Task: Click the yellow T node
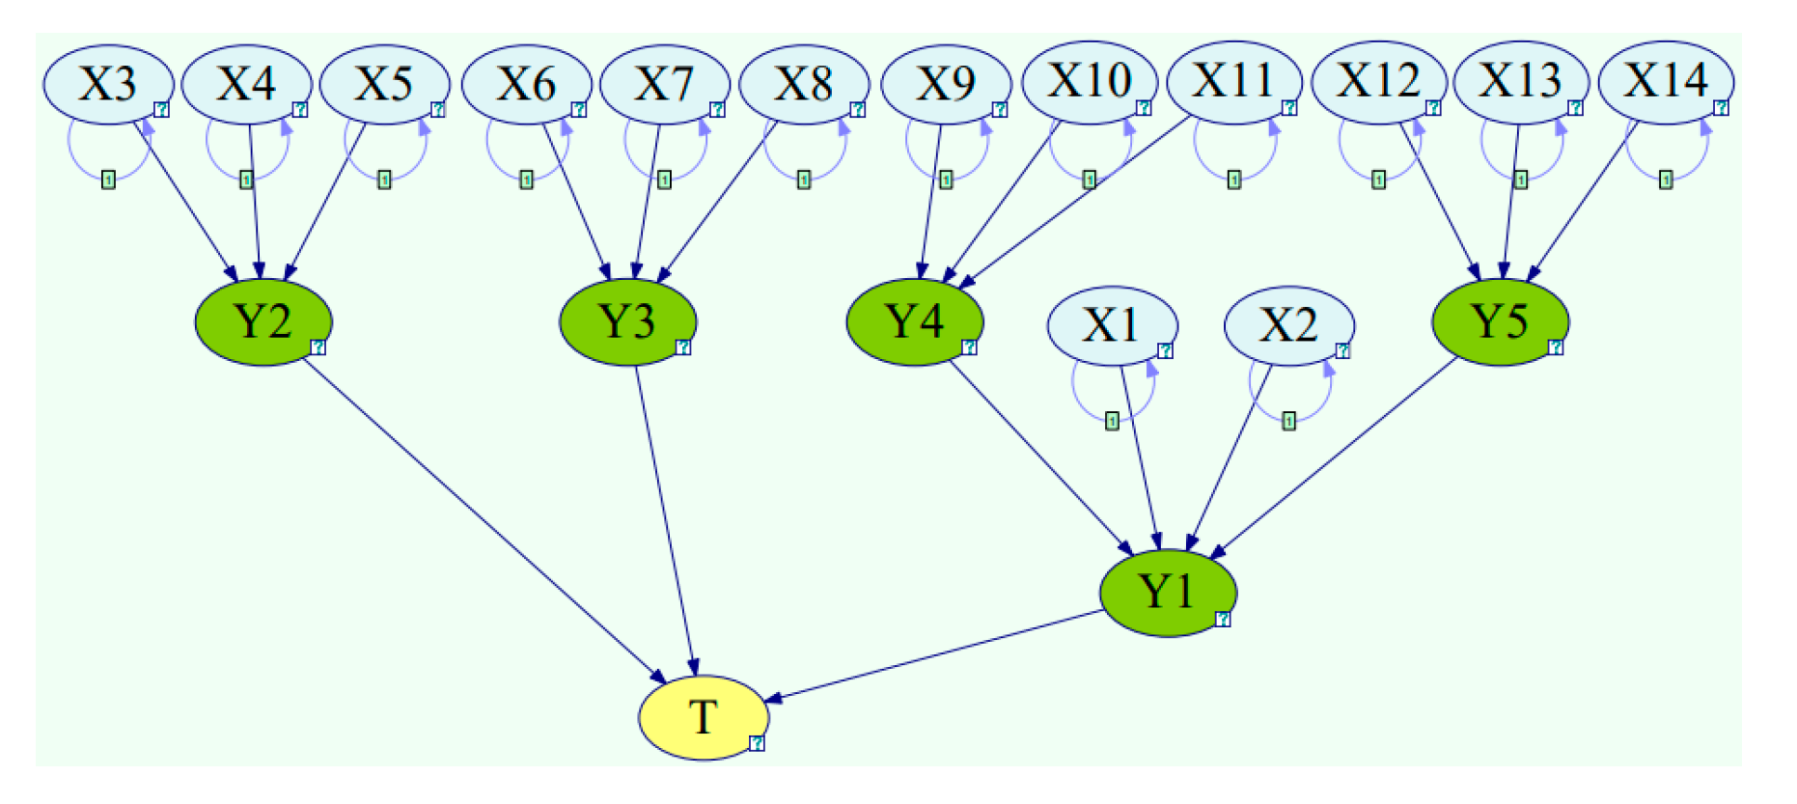pos(703,717)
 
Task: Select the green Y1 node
pos(1167,592)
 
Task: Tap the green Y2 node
pos(263,321)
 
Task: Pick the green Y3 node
pos(627,321)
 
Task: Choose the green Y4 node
pos(914,321)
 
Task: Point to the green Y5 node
pos(1499,321)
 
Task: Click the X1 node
pos(1111,325)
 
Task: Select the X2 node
pos(1287,325)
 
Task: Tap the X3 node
pos(107,84)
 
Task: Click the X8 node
pos(803,84)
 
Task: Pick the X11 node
pos(1233,81)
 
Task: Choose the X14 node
pos(1665,81)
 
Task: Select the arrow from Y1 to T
pos(936,655)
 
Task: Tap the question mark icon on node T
pos(757,742)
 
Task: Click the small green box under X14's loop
pos(1665,180)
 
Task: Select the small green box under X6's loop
pos(526,180)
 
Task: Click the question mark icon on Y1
pos(1222,619)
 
